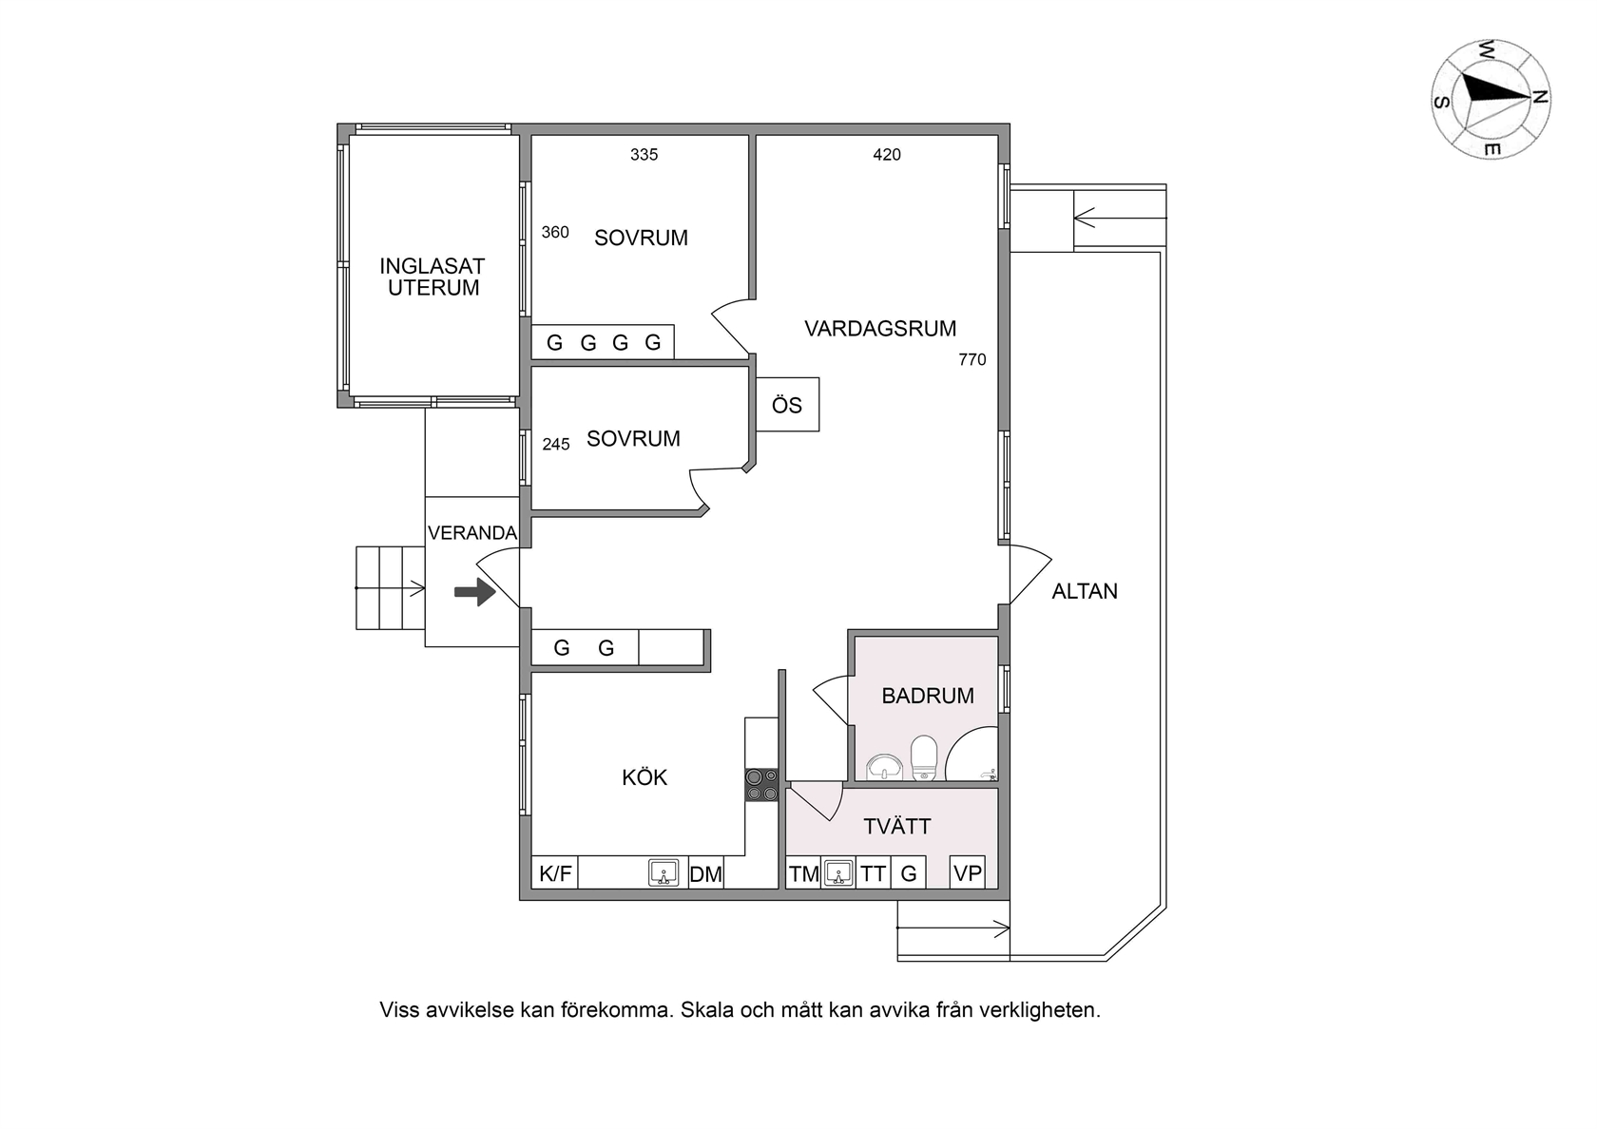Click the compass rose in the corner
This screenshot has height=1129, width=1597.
pyautogui.click(x=1491, y=99)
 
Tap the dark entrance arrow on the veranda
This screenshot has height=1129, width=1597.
pyautogui.click(x=475, y=591)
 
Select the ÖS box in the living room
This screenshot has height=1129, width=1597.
pyautogui.click(x=788, y=404)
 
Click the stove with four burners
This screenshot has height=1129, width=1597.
pyautogui.click(x=762, y=785)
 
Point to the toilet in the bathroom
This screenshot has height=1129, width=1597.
pyautogui.click(x=924, y=757)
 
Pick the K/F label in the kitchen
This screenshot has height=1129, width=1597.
pyautogui.click(x=555, y=874)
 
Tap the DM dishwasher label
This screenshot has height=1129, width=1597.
pyautogui.click(x=705, y=874)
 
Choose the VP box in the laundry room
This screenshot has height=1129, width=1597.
pyautogui.click(x=968, y=872)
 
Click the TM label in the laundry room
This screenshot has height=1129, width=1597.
pyautogui.click(x=804, y=874)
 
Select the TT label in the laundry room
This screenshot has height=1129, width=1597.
pyautogui.click(x=873, y=874)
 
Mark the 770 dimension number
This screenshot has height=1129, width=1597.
pyautogui.click(x=972, y=360)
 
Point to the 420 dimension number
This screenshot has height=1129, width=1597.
pyautogui.click(x=887, y=155)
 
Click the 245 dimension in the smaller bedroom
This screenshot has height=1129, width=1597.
pyautogui.click(x=556, y=445)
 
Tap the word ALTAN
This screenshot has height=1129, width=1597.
pyautogui.click(x=1086, y=591)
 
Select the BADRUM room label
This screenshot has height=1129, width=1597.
pyautogui.click(x=928, y=696)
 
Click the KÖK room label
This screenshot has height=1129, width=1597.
pyautogui.click(x=645, y=777)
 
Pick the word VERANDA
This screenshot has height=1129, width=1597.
pyautogui.click(x=471, y=532)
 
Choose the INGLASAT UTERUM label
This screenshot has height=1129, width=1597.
pyautogui.click(x=433, y=277)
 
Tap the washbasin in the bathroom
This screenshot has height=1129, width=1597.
pyautogui.click(x=885, y=768)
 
